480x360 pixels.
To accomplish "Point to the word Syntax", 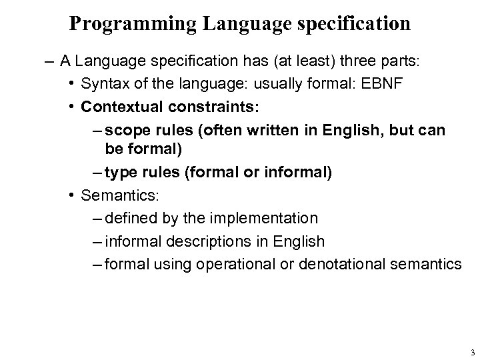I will click(102, 85).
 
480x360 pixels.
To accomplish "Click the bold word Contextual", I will click(117, 107).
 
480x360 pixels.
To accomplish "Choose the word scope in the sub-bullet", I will click(123, 129).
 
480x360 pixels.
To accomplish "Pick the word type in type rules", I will click(120, 173).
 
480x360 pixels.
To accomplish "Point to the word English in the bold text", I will click(350, 129).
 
